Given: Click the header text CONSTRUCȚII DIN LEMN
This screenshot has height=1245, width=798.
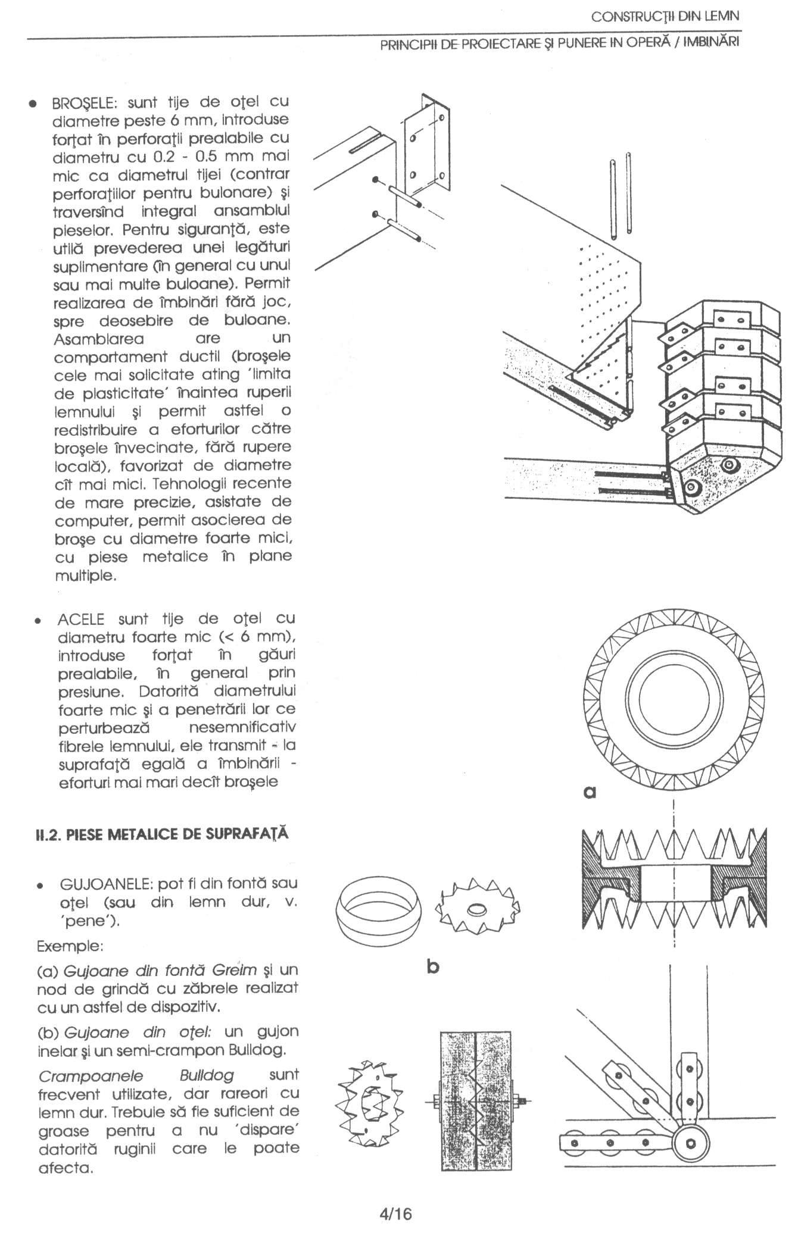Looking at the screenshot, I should (665, 16).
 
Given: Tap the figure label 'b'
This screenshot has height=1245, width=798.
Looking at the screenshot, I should (433, 967).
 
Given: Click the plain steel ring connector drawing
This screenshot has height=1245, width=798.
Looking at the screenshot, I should (378, 912).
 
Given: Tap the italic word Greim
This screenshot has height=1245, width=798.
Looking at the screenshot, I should (236, 970).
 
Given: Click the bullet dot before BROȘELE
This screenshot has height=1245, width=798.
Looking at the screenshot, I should (36, 104).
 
